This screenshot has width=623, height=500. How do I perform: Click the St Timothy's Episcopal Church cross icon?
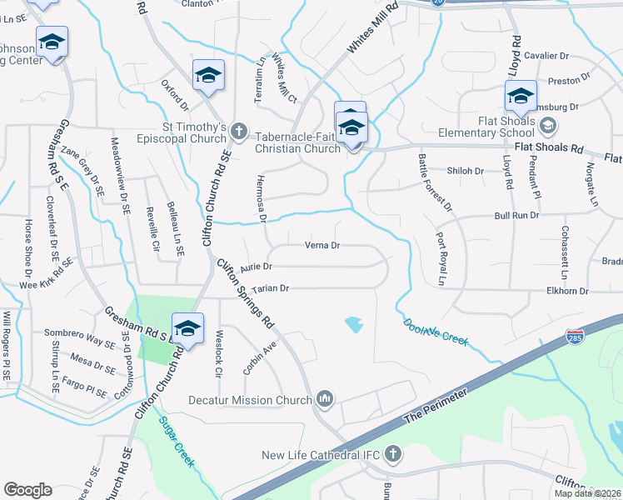(x=239, y=131)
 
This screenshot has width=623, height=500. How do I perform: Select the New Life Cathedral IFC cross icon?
(x=392, y=454)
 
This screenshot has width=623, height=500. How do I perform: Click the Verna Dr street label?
(x=322, y=246)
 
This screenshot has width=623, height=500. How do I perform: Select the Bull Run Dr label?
(x=516, y=215)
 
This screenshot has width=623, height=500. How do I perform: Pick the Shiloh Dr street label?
(x=466, y=171)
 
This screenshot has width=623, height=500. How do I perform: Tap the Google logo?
(x=27, y=490)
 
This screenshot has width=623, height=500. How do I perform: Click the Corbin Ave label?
(x=260, y=357)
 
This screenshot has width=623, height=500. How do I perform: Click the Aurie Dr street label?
(x=256, y=267)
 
